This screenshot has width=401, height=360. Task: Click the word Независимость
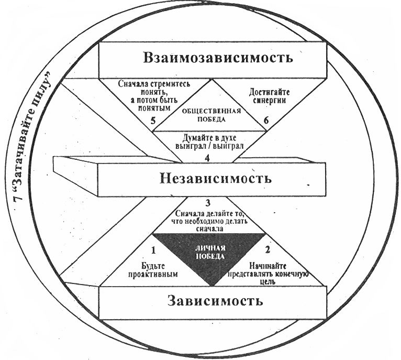click(215, 178)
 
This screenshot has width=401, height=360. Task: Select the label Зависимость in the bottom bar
click(215, 301)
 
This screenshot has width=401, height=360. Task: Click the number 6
click(266, 121)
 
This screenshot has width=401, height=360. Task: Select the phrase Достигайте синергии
click(267, 97)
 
